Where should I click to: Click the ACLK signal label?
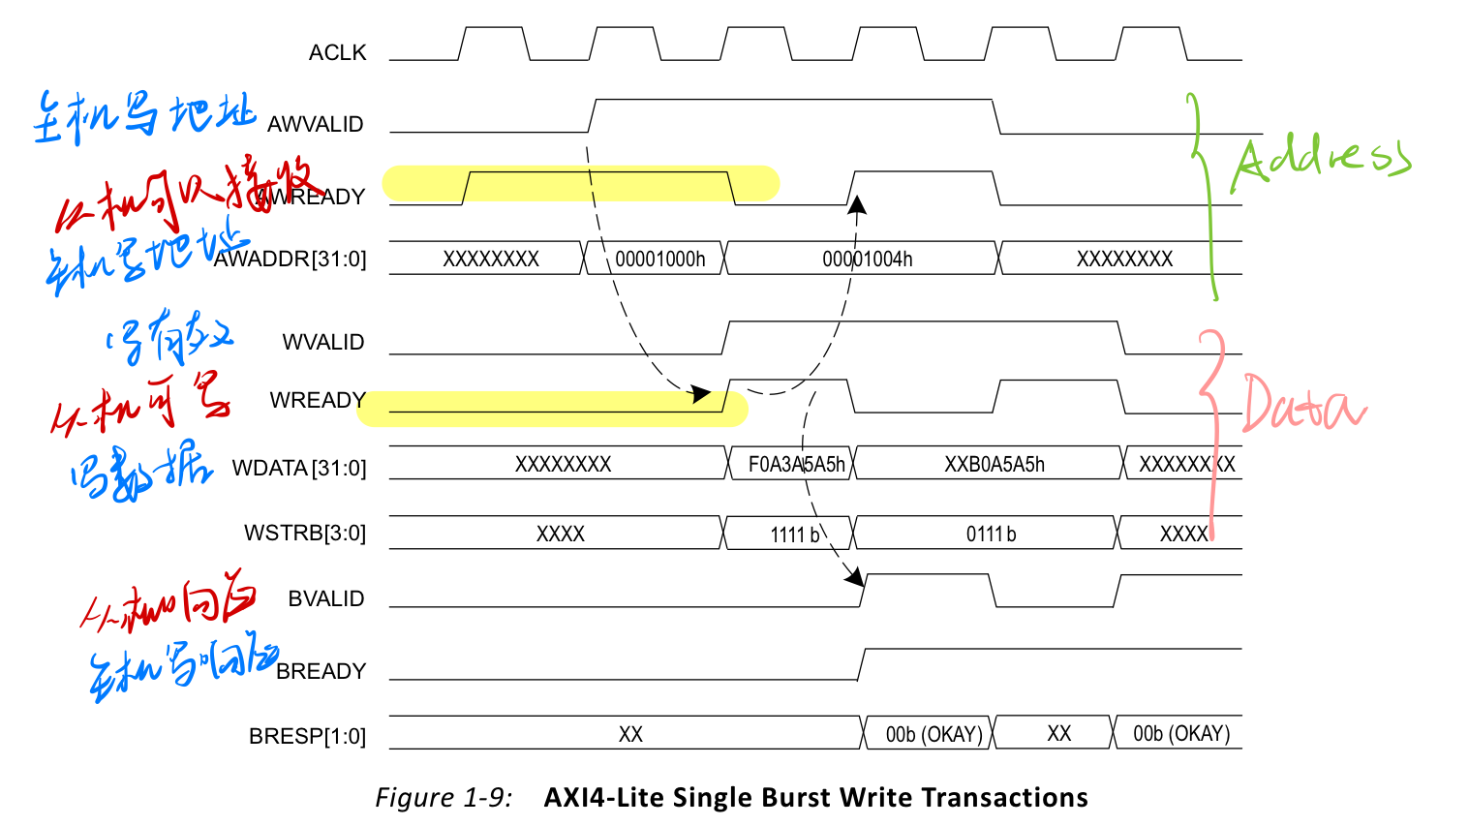click(337, 53)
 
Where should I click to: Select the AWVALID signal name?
click(315, 125)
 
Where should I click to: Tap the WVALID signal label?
click(322, 343)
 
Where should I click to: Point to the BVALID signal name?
click(325, 599)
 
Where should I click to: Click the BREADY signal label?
click(321, 672)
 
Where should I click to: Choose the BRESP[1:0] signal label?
click(307, 737)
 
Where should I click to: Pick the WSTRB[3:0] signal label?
click(304, 534)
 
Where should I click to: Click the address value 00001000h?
click(659, 260)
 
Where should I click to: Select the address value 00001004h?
click(867, 260)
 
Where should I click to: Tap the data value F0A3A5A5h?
click(796, 465)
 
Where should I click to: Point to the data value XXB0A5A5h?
click(994, 465)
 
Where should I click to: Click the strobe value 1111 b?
click(794, 535)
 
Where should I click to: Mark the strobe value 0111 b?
click(991, 535)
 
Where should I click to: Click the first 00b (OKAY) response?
click(933, 735)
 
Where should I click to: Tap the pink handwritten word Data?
click(1302, 405)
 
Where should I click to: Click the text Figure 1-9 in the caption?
click(443, 798)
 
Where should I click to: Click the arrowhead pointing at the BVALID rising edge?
click(854, 578)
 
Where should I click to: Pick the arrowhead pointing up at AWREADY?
click(856, 204)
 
